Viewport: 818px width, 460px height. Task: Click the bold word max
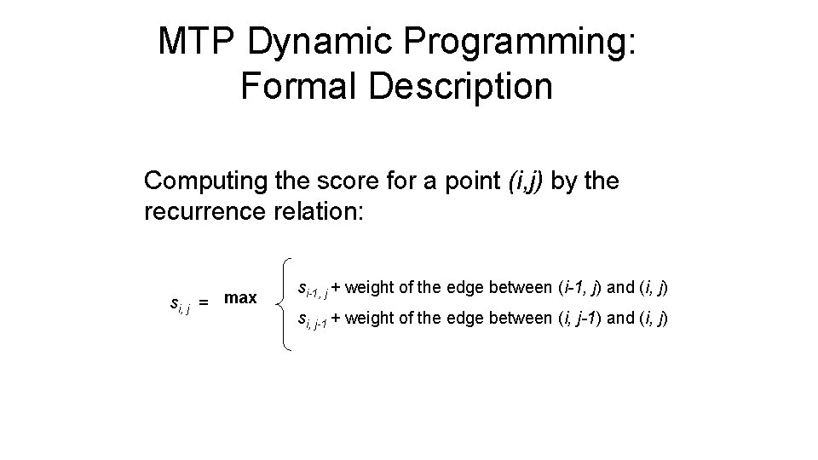tap(240, 298)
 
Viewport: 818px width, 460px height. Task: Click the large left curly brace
tap(285, 304)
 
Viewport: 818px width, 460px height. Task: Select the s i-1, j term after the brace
tap(311, 290)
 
